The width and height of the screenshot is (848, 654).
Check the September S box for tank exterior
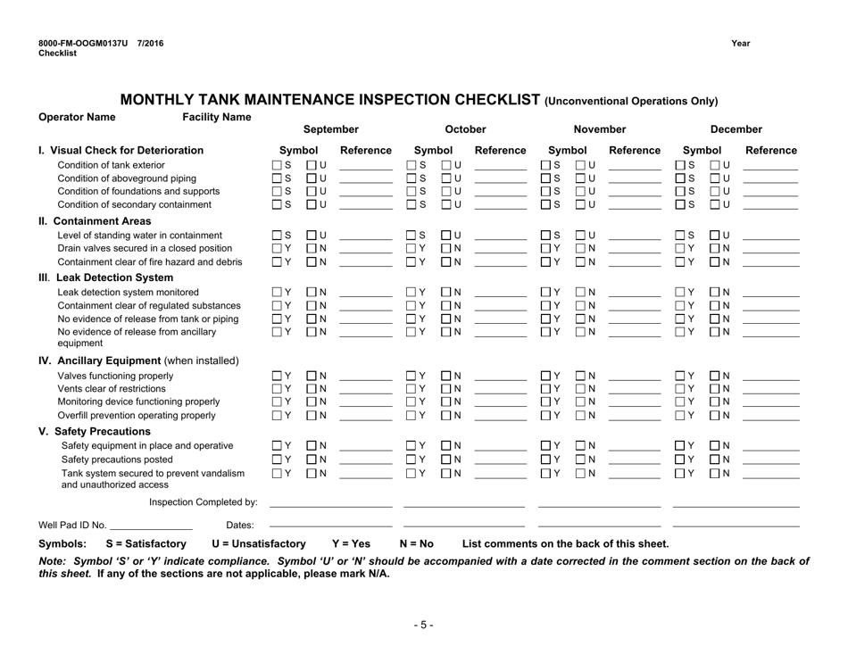click(277, 165)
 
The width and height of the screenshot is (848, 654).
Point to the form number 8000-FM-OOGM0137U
click(82, 43)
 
